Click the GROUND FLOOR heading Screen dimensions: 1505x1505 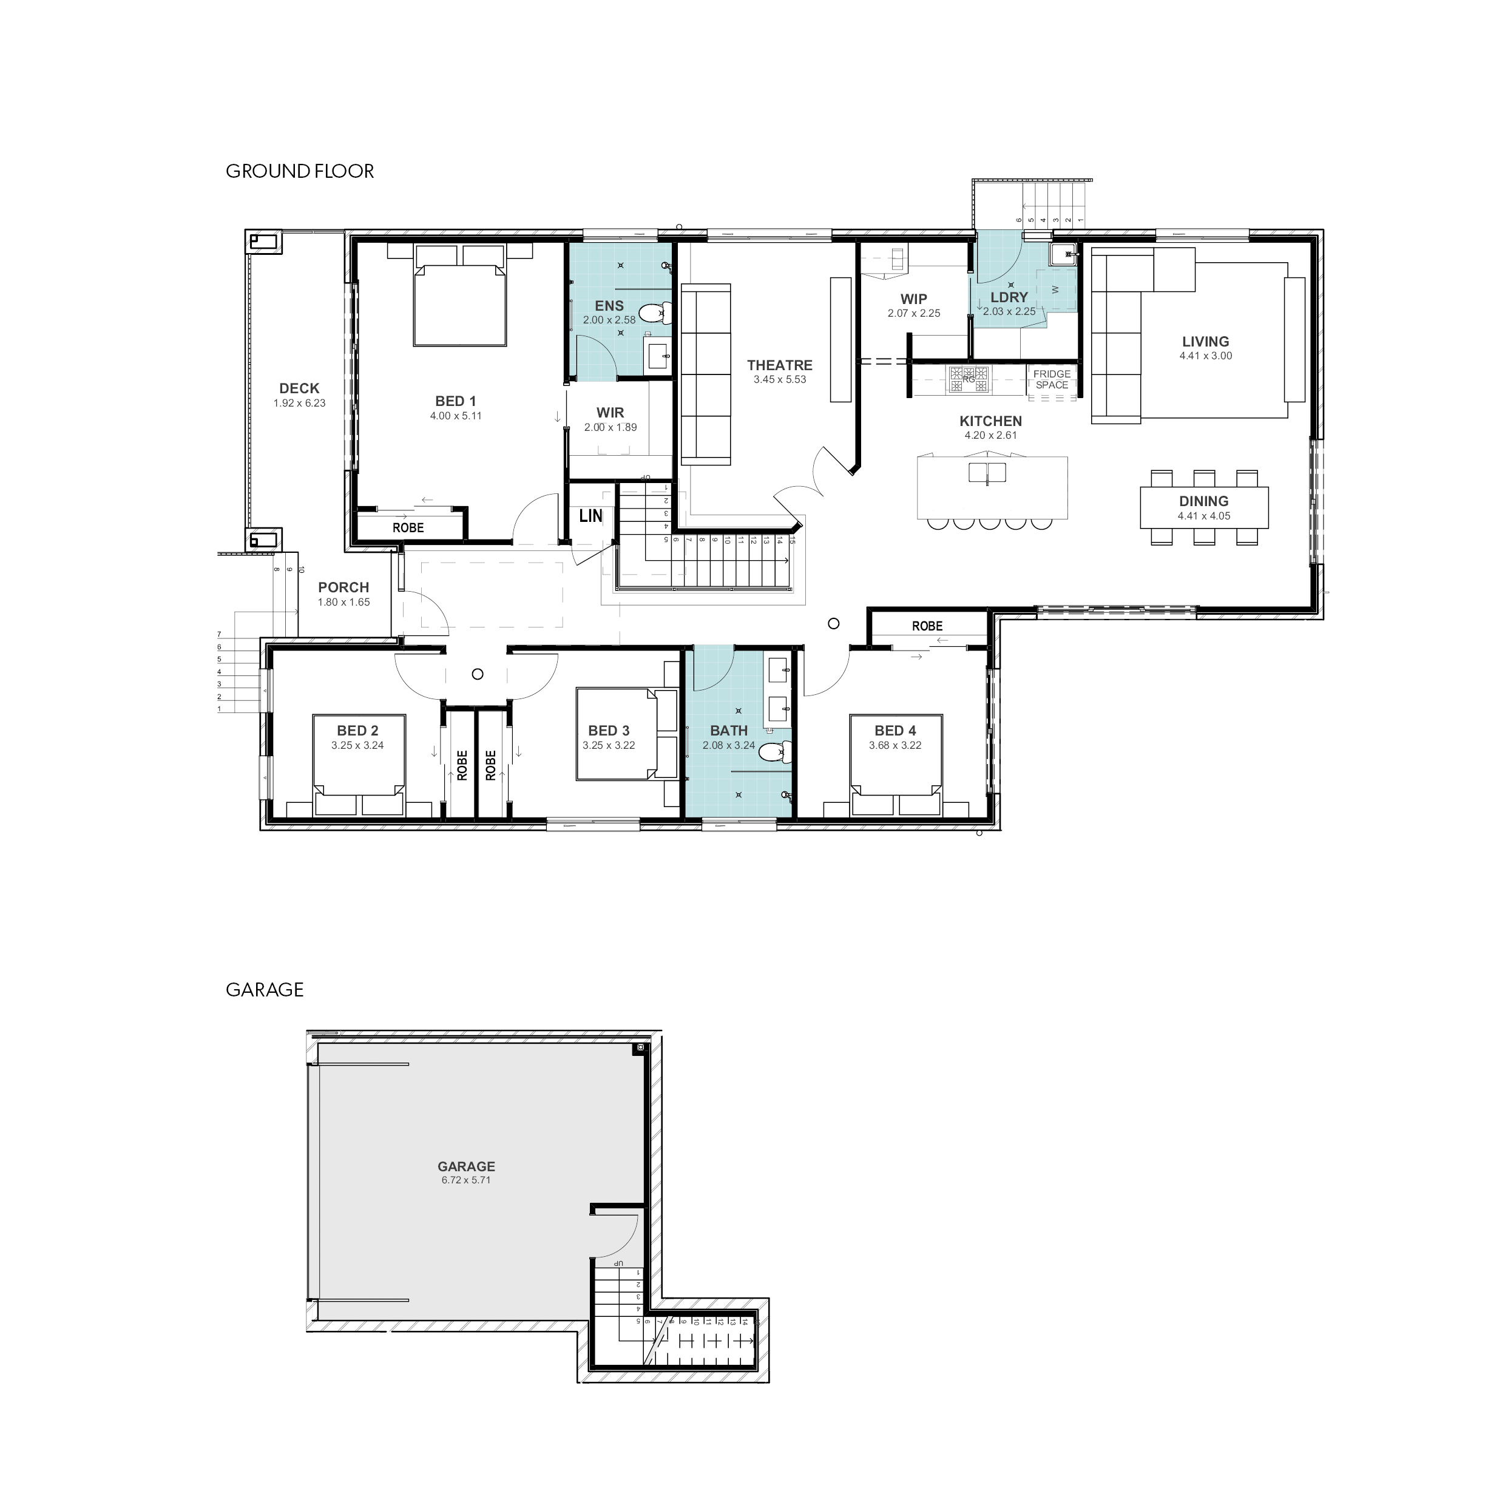pos(300,171)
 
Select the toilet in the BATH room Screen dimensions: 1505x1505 pos(774,752)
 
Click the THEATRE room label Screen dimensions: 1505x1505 pos(779,365)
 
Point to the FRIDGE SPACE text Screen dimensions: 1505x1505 pos(1052,379)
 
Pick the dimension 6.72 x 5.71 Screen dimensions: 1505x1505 pos(466,1180)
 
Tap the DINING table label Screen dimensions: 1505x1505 pos(1203,502)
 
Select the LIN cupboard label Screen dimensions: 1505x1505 pos(590,516)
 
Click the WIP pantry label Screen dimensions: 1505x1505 pos(914,299)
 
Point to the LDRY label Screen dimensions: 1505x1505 pos(1009,297)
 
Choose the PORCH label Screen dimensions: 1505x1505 pos(343,588)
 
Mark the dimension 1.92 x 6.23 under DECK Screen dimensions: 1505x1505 pos(299,404)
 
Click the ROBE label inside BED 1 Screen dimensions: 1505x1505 pos(408,528)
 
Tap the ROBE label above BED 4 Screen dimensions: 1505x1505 pos(927,626)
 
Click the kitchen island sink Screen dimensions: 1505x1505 pos(987,473)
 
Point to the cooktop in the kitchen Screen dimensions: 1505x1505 pos(969,379)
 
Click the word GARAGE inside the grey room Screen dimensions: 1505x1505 pos(466,1166)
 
